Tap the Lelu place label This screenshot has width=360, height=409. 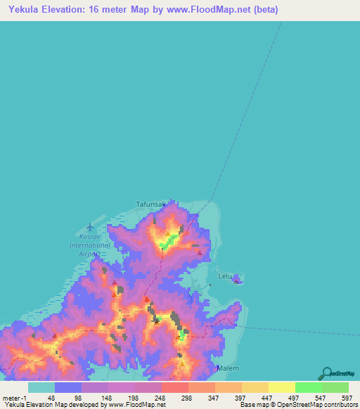[225, 276]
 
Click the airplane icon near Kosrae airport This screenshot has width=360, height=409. [89, 226]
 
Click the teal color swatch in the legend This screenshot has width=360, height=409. [41, 387]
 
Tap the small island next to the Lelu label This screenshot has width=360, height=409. [238, 279]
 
